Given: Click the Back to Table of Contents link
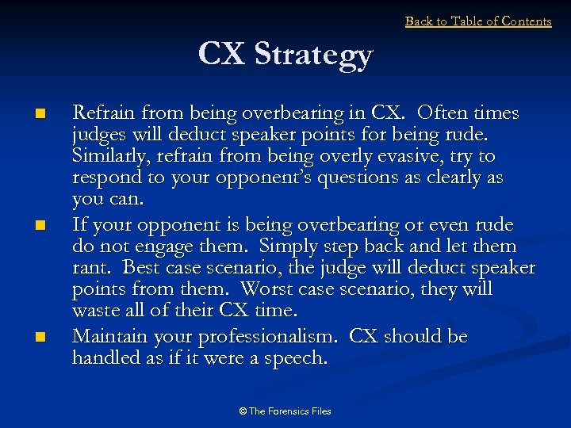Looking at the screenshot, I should (478, 21).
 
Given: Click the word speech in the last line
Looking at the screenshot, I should (297, 359).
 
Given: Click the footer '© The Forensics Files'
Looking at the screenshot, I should (285, 411).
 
